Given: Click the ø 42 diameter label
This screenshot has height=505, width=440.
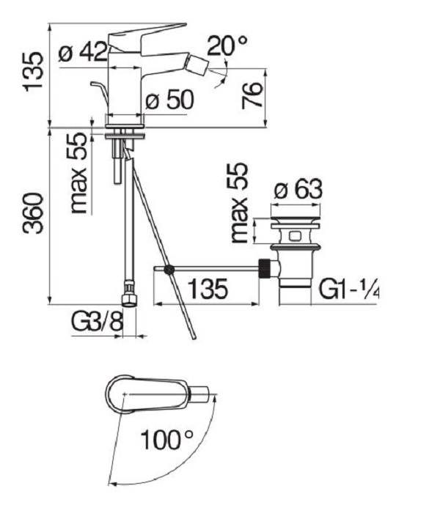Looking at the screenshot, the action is pyautogui.click(x=83, y=53).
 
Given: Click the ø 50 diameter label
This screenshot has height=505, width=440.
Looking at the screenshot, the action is pyautogui.click(x=169, y=100).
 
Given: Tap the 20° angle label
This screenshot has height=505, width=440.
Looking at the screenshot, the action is pyautogui.click(x=227, y=45).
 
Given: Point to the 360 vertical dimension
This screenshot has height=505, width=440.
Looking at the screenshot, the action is pyautogui.click(x=33, y=213).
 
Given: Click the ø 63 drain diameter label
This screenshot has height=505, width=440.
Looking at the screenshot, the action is pyautogui.click(x=298, y=189).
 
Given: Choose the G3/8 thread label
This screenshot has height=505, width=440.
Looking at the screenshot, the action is pyautogui.click(x=97, y=321).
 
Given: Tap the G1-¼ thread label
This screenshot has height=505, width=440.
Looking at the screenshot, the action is pyautogui.click(x=349, y=289).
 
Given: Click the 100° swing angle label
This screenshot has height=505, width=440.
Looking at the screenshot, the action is pyautogui.click(x=167, y=440).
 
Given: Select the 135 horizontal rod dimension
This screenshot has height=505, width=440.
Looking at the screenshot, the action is pyautogui.click(x=208, y=289).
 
